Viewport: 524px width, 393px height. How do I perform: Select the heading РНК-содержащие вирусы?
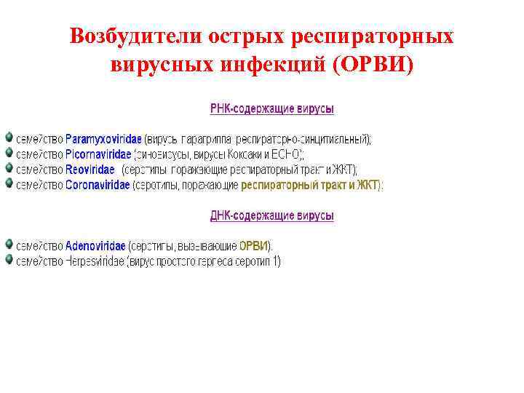point(272,109)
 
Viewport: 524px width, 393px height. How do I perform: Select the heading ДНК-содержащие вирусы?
point(272,216)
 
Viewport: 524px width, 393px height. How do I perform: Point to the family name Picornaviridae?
point(98,154)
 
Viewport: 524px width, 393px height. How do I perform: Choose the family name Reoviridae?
point(90,170)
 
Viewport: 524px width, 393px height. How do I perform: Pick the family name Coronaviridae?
point(98,185)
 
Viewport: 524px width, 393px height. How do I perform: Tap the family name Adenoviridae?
point(95,246)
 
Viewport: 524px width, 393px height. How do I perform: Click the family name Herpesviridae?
point(95,261)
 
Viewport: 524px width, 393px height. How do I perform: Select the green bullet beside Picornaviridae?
point(9,153)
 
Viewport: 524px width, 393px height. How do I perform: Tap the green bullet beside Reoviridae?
point(9,169)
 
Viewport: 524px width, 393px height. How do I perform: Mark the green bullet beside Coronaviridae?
point(9,184)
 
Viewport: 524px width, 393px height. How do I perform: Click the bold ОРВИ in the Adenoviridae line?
point(254,246)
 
